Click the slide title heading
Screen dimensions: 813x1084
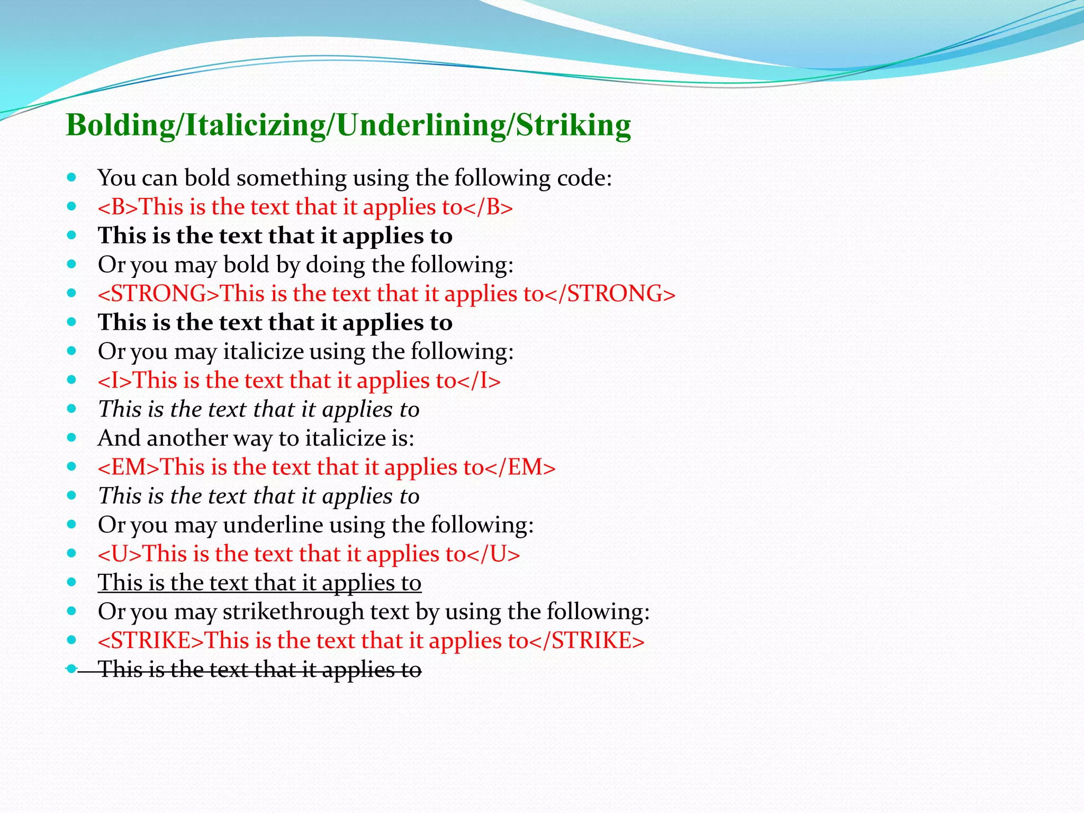(x=348, y=125)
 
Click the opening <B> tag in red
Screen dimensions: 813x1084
(x=118, y=207)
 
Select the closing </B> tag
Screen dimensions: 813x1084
(x=488, y=207)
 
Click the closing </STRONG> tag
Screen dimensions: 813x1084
(x=610, y=294)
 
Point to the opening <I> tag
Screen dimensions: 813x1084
(x=115, y=381)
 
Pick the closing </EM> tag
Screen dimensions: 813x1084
(x=520, y=467)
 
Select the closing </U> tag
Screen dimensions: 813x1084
(x=493, y=554)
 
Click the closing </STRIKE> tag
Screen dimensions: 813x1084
(x=586, y=641)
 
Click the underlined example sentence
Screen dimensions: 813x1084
(x=259, y=583)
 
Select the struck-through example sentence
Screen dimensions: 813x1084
(x=259, y=670)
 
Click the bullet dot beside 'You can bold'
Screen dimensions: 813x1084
(x=72, y=177)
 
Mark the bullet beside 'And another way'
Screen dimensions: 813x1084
(x=72, y=438)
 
